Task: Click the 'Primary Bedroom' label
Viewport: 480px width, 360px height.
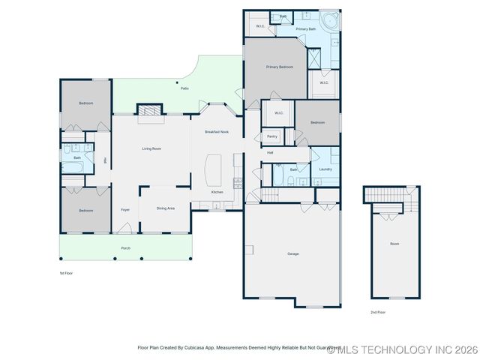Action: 279,67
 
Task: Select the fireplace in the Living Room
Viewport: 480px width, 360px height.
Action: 150,109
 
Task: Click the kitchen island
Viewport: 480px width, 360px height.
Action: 214,170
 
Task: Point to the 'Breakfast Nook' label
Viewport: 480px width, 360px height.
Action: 217,132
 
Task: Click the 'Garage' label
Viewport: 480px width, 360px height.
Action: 292,253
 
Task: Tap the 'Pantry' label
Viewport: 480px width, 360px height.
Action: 272,136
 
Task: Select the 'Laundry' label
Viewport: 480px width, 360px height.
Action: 325,169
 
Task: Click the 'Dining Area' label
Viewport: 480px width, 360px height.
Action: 166,208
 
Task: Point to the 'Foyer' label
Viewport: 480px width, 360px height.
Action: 125,210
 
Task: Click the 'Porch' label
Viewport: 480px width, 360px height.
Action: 125,247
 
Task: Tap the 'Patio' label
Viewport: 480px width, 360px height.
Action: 184,88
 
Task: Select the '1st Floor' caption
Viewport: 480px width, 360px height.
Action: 66,273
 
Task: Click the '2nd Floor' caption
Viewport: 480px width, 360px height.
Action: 377,312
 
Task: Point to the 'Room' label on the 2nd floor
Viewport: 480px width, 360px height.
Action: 394,244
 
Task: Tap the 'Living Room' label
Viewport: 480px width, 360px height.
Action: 151,148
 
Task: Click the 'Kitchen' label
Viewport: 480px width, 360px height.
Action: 217,192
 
